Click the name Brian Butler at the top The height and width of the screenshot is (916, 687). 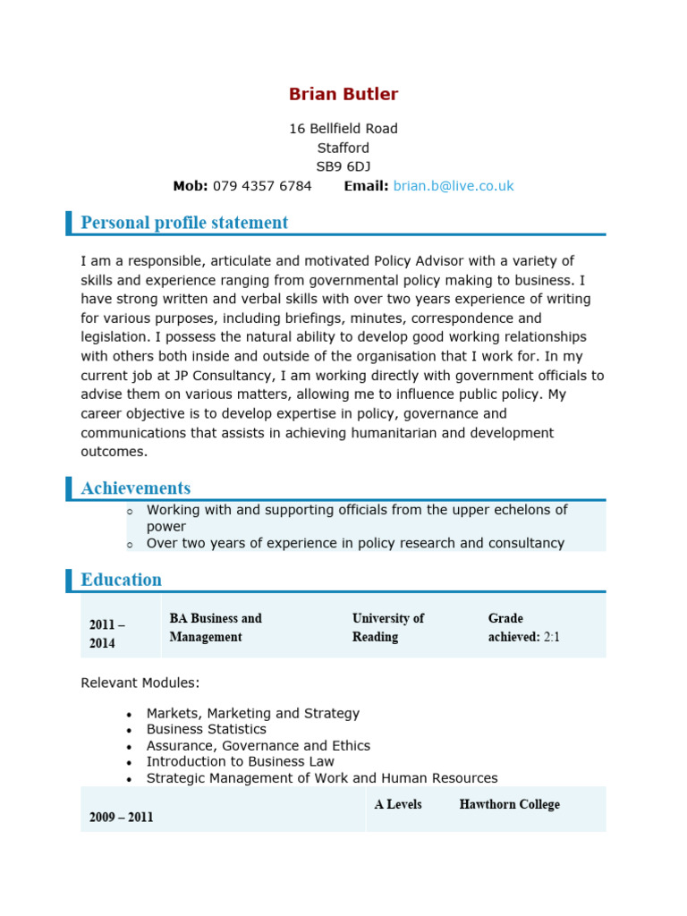pos(343,95)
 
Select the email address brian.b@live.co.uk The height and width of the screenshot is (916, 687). pos(454,186)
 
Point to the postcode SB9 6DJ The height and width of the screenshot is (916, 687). pos(343,167)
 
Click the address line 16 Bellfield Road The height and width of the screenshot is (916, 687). pos(343,129)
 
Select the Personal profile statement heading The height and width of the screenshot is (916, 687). pos(184,223)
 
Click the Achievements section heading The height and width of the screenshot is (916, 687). pos(135,488)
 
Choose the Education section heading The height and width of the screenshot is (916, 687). pos(121,580)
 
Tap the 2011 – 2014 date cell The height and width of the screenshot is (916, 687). pos(108,634)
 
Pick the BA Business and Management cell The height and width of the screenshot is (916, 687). pos(216,628)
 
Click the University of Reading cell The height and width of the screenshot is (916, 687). pos(388,628)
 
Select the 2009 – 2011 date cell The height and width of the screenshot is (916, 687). pos(122,818)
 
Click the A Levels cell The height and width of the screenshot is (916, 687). pos(398,804)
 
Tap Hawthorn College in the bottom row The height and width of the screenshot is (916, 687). pos(509,804)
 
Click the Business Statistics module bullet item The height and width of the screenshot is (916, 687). pos(207,730)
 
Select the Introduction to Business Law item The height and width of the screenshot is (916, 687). pos(241,762)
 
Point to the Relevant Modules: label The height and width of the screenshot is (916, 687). pos(140,683)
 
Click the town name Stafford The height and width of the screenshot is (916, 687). pos(343,148)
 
